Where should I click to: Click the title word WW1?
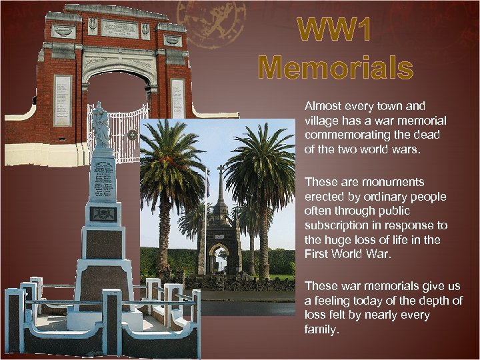335,30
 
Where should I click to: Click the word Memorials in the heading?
335,68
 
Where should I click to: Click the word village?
321,121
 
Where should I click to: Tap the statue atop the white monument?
101,125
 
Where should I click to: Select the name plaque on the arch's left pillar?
63,100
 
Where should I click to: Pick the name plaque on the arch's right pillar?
177,98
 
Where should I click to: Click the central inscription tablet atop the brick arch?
119,29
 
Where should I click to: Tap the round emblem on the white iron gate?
132,135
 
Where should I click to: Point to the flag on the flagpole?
208,181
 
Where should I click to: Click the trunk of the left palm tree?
162,233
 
